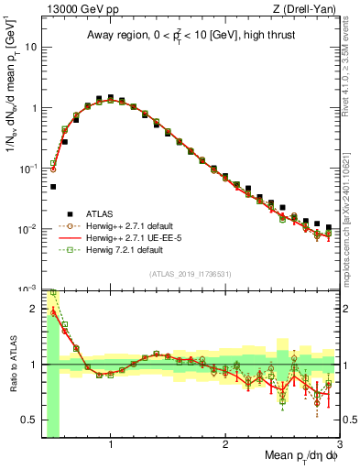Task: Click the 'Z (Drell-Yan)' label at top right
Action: click(x=307, y=8)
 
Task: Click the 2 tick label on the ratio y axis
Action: click(x=35, y=308)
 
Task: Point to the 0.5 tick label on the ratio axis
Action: click(x=30, y=420)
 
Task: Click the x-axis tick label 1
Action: click(x=111, y=444)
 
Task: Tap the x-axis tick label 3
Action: click(x=339, y=444)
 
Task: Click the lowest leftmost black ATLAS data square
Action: click(x=52, y=186)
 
